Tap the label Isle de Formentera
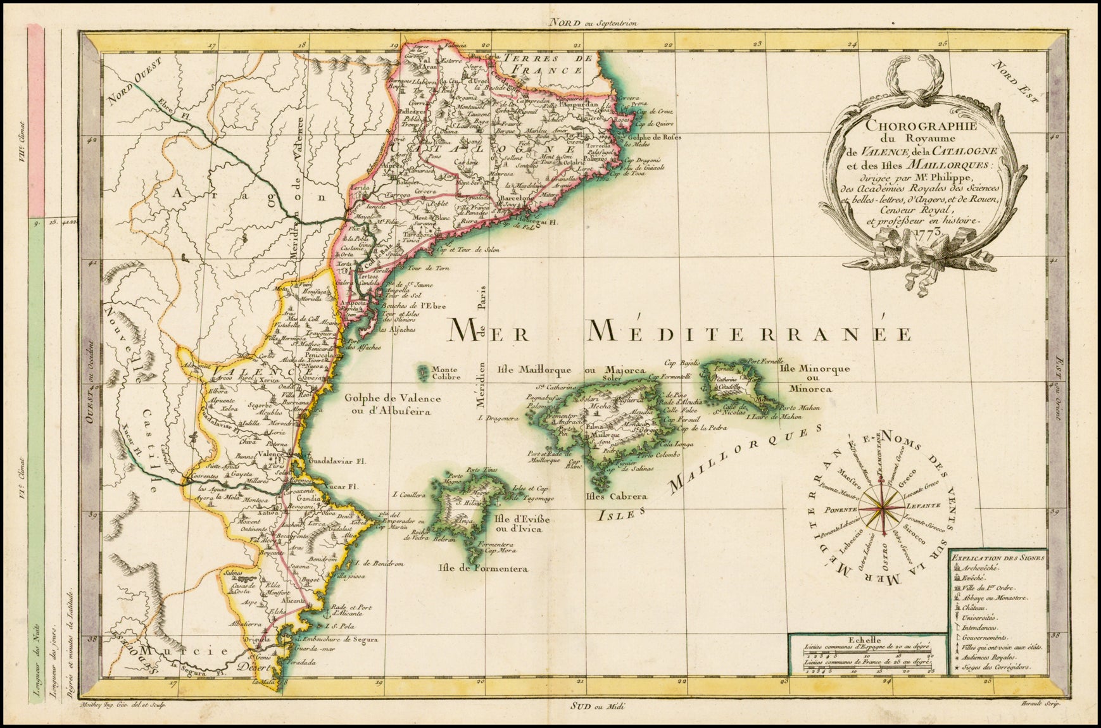click(482, 568)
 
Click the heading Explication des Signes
click(997, 558)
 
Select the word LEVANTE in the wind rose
click(918, 506)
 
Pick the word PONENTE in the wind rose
click(841, 510)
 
